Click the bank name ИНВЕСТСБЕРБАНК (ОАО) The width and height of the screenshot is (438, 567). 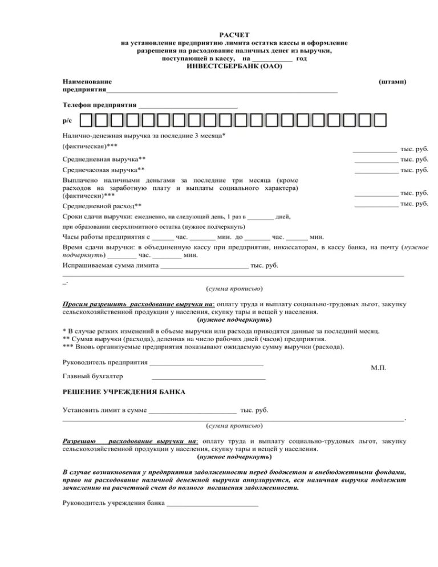point(234,67)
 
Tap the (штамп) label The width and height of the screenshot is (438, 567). point(392,82)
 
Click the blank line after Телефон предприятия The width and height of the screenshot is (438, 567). point(188,107)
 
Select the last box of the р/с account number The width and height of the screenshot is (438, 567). point(379,121)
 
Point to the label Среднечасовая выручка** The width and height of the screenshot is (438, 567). point(103,170)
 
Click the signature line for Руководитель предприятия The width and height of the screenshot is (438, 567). point(206,363)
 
